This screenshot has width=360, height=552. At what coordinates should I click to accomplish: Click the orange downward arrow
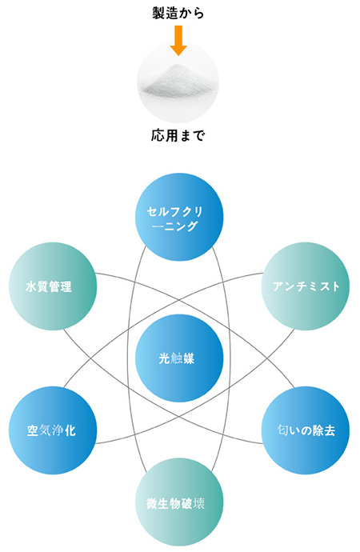click(178, 40)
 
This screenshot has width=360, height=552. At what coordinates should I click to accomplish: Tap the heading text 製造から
click(178, 13)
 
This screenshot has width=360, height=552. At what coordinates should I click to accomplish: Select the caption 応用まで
click(178, 135)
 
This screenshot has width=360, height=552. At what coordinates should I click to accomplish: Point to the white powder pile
click(178, 81)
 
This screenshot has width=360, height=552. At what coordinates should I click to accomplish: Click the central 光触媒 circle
click(179, 358)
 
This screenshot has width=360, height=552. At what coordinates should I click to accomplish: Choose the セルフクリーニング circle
click(179, 217)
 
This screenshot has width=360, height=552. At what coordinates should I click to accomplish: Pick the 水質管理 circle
click(53, 286)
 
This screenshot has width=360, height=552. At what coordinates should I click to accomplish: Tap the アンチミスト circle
click(306, 286)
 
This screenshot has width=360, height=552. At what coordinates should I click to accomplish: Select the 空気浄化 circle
click(53, 430)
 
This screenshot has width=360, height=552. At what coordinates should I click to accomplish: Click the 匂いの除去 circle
click(306, 430)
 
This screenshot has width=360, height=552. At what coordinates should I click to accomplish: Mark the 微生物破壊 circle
click(179, 502)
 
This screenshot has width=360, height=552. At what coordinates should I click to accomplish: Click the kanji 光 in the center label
click(164, 358)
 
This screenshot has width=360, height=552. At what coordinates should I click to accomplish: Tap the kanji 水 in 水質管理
click(31, 286)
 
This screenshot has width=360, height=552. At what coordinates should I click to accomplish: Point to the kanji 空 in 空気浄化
click(33, 430)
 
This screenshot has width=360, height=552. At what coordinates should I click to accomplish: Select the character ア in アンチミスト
click(279, 286)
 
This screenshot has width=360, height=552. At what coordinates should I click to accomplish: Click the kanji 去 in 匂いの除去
click(330, 430)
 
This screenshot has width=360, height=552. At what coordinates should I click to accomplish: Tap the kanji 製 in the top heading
click(158, 13)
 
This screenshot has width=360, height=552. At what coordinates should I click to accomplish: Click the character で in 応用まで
click(198, 136)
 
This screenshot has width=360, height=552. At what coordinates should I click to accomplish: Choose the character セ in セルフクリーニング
click(153, 212)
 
